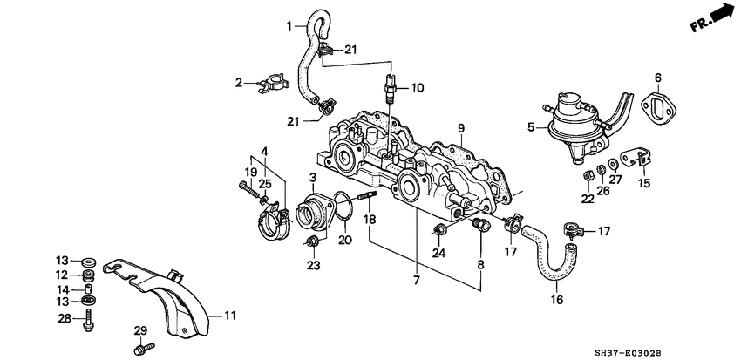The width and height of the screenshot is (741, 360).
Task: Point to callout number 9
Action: (x=461, y=127)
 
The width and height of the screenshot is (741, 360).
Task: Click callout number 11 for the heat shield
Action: (x=230, y=315)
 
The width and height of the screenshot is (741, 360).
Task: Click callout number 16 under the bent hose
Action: (x=559, y=299)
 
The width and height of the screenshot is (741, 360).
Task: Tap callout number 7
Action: (x=416, y=281)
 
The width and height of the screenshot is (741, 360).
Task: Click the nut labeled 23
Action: (x=311, y=241)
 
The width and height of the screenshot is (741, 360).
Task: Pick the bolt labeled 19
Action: (x=242, y=186)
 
